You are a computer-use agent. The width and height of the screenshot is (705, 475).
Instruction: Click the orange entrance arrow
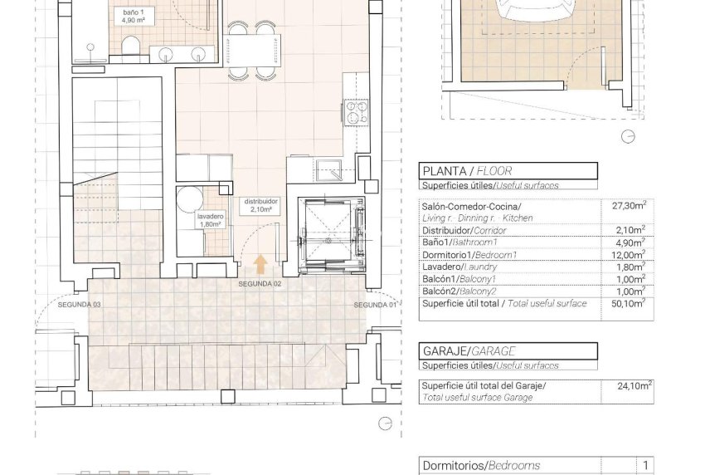(260, 264)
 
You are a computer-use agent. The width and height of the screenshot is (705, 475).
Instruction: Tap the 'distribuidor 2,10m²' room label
(260, 205)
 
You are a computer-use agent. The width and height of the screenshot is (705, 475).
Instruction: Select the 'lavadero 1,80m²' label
(210, 219)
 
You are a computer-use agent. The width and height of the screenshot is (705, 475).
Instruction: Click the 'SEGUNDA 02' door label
(260, 284)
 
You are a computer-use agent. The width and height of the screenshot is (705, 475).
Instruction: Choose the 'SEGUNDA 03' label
(79, 305)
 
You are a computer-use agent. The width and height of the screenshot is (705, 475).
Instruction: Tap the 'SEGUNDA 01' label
(375, 305)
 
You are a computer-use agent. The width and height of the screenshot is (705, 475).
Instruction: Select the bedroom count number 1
(645, 466)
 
